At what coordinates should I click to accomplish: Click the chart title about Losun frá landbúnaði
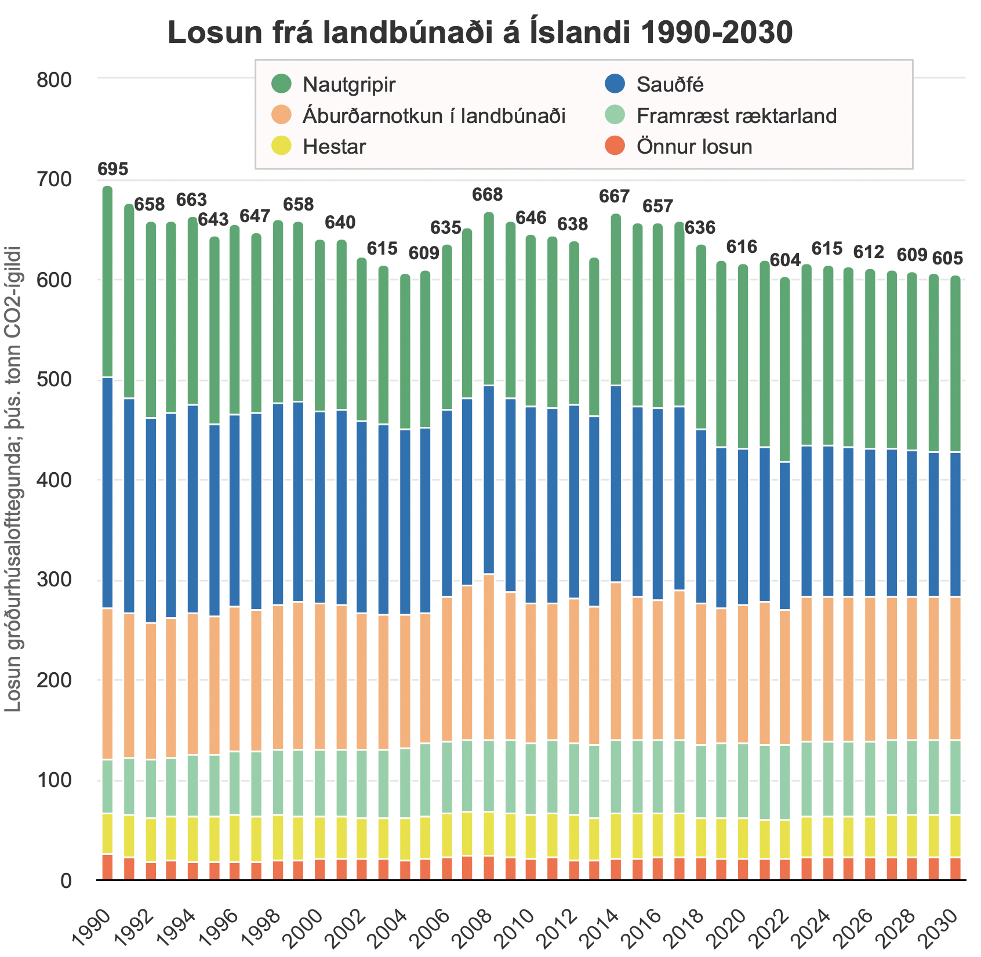pos(480,33)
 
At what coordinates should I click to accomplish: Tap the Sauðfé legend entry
pos(670,85)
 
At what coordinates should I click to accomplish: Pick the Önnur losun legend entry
pos(694,146)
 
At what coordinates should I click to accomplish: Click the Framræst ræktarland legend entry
pos(736,115)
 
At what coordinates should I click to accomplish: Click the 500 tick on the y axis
pos(53,380)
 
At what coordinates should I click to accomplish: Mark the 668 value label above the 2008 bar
pos(487,194)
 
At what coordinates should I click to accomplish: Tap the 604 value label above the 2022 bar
pos(785,260)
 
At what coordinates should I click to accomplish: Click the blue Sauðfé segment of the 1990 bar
pos(107,493)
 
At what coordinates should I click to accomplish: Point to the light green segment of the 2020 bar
pos(743,781)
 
